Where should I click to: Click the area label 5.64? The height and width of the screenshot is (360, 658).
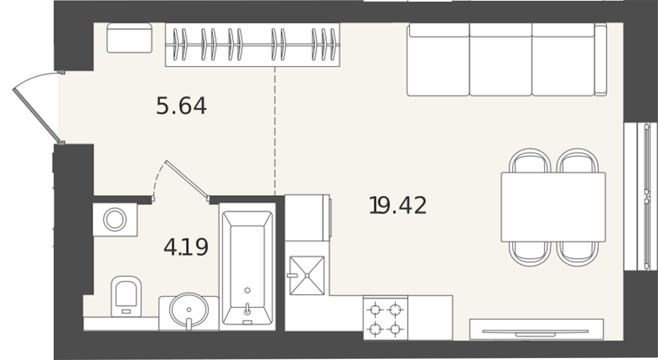[x=181, y=105]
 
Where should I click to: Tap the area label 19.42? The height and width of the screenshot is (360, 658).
[x=398, y=206]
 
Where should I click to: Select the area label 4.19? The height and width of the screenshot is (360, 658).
[x=186, y=247]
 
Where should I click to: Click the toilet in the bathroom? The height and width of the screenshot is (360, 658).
[x=126, y=296]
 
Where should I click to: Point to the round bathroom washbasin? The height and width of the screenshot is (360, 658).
[x=189, y=310]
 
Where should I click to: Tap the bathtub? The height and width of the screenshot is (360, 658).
[x=247, y=267]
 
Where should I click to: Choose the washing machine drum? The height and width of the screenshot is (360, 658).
[x=115, y=219]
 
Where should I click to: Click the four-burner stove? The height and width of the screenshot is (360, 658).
[x=386, y=318]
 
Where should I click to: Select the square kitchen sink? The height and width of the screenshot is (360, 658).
[x=307, y=276]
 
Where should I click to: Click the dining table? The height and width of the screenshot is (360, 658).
[x=553, y=207]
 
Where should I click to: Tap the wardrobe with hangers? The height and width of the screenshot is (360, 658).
[x=253, y=44]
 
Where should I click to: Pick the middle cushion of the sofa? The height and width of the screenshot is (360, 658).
[x=501, y=59]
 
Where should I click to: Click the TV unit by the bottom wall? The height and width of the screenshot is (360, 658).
[x=537, y=329]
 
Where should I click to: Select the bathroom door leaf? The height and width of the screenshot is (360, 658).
[x=187, y=179]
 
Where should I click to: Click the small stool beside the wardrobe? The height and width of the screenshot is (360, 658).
[x=129, y=38]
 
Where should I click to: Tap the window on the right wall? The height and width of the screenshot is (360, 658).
[x=640, y=196]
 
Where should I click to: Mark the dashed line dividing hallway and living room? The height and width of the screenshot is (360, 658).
[x=275, y=130]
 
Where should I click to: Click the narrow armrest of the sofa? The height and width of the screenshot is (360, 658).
[x=601, y=59]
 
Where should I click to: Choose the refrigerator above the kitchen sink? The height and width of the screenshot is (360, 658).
[x=307, y=218]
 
